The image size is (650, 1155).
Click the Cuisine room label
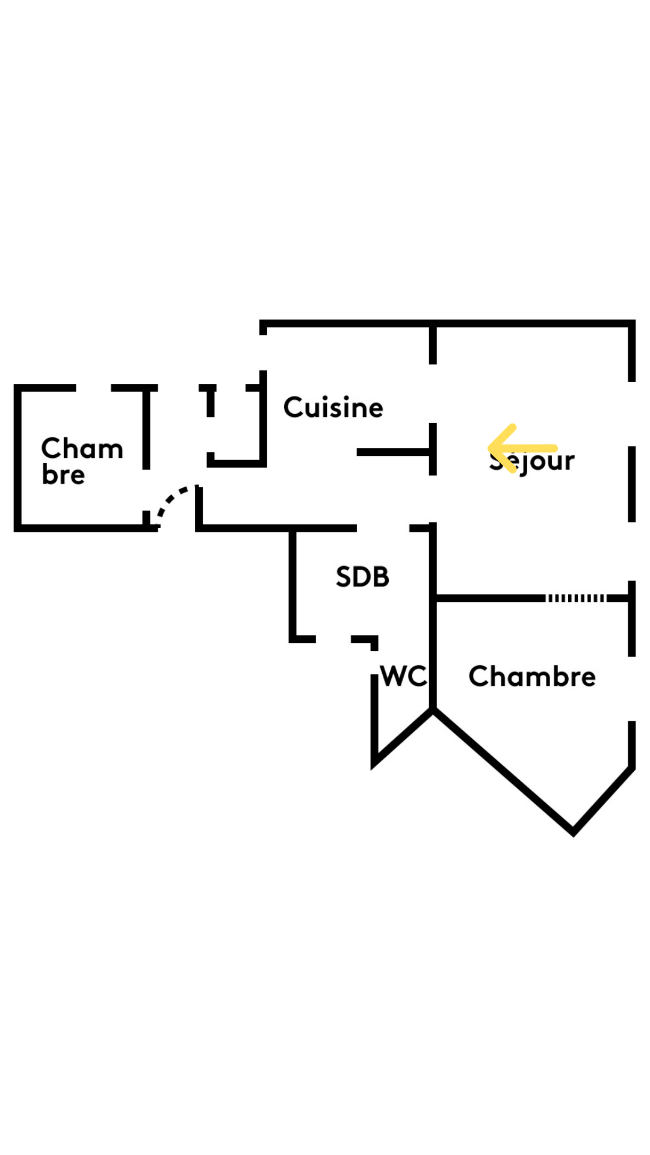(x=333, y=407)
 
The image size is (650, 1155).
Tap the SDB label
(x=362, y=577)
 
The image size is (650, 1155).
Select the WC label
(x=403, y=676)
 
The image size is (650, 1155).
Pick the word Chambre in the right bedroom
(x=532, y=676)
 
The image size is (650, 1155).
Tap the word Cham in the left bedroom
(x=82, y=448)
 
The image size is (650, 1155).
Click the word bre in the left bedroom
(x=63, y=475)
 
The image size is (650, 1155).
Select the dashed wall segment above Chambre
(x=575, y=598)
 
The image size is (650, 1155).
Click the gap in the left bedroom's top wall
(x=93, y=388)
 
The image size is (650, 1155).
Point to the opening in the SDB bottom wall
(x=333, y=639)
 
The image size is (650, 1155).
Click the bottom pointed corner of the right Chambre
(x=573, y=832)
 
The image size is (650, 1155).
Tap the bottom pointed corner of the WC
(x=374, y=765)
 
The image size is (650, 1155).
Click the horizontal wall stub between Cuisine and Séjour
(x=394, y=452)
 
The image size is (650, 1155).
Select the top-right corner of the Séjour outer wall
(x=631, y=324)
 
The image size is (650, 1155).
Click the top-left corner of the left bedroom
(x=18, y=388)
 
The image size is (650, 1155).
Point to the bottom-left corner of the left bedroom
(x=18, y=528)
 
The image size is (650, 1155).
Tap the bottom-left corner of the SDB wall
(x=293, y=638)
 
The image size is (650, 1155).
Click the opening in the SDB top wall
(x=383, y=528)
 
